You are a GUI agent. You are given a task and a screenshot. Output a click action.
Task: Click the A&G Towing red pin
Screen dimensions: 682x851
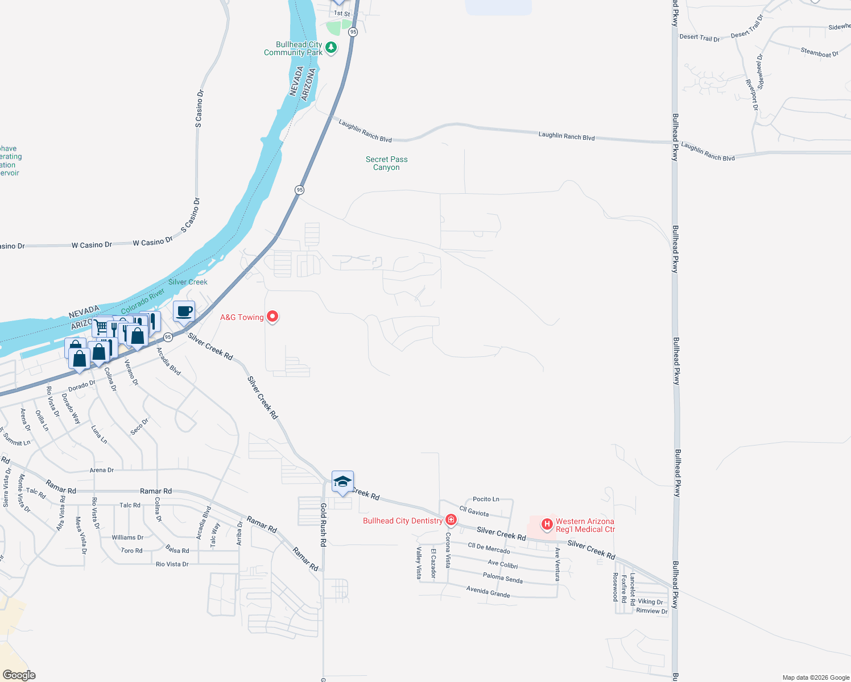[x=272, y=316]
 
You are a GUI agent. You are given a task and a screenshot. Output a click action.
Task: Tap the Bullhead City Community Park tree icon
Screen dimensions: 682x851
[x=331, y=48]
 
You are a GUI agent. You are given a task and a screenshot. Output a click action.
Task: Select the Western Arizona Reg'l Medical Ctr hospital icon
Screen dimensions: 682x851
[x=547, y=524]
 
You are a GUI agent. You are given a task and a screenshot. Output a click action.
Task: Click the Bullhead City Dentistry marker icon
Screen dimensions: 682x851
[x=451, y=520]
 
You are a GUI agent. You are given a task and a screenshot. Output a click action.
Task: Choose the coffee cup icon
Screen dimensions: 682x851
[x=184, y=312]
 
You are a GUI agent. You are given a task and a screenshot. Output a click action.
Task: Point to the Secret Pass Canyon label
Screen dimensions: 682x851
[x=386, y=163]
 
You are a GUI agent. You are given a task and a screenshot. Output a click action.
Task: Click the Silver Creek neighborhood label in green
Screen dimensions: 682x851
[x=188, y=282]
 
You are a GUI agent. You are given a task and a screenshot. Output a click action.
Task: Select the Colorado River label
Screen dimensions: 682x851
[x=143, y=301]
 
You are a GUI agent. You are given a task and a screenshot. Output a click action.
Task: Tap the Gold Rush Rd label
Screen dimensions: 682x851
[x=323, y=525]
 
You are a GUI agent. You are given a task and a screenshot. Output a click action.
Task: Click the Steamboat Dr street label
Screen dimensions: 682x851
[x=819, y=53]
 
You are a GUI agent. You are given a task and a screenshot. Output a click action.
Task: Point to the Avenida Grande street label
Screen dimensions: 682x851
[x=488, y=592]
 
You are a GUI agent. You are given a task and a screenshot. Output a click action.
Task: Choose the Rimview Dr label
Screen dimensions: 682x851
[x=652, y=611]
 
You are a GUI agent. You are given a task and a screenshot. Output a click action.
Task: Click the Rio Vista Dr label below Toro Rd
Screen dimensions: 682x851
[x=172, y=564]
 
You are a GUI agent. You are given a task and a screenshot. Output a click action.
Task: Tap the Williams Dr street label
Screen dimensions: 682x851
[x=127, y=537]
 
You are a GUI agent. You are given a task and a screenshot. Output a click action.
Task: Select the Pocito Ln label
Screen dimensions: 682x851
[x=486, y=499]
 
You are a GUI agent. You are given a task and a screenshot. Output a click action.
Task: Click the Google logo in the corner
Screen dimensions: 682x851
[x=19, y=675]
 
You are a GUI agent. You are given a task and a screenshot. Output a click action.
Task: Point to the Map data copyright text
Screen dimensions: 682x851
[x=816, y=677]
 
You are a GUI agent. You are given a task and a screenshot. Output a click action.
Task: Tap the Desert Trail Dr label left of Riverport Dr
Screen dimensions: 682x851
[x=699, y=38]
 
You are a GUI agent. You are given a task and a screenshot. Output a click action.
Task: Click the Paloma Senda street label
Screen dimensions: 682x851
[x=502, y=577]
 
